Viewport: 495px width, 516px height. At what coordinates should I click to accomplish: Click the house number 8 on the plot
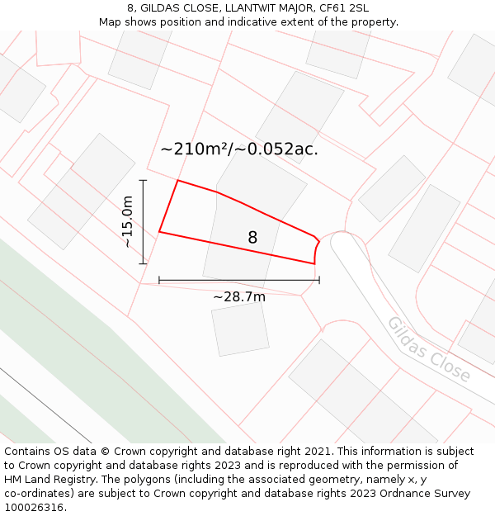point(252,238)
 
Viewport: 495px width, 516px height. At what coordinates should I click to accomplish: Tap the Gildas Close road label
point(429,349)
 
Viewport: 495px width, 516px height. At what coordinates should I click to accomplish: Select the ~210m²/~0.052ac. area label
point(239,149)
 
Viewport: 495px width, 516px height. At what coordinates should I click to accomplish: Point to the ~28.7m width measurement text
point(239,296)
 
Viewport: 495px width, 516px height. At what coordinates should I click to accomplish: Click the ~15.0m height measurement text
point(127,221)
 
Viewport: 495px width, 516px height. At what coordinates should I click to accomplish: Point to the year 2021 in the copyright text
point(314,452)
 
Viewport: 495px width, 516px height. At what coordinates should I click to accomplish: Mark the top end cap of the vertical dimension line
point(143,180)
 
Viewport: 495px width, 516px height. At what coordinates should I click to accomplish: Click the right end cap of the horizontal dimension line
point(319,280)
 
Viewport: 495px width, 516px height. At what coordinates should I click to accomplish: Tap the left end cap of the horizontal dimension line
point(159,280)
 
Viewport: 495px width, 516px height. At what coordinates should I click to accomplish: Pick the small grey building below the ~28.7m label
point(240,329)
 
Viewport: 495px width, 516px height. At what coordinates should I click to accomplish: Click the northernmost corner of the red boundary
point(178,180)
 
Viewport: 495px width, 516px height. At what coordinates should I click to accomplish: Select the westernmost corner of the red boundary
point(159,232)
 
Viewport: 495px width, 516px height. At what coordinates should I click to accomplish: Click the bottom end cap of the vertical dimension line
point(143,263)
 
